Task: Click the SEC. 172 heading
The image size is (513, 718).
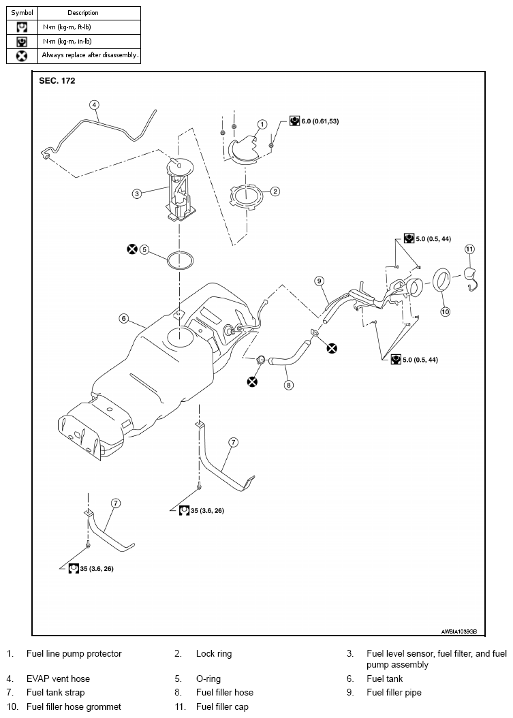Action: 57,80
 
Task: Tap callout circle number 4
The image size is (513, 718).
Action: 94,105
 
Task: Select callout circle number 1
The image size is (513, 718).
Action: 262,124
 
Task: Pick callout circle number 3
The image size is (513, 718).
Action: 136,193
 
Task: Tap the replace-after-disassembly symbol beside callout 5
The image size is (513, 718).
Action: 132,249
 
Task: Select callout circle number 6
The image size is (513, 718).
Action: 124,318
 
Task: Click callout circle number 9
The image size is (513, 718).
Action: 320,281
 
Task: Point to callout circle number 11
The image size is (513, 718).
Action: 469,249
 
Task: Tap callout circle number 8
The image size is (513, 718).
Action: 289,385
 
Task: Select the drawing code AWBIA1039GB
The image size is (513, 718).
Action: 459,631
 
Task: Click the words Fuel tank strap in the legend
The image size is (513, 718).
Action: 55,692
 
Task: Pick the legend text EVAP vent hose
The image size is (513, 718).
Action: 58,678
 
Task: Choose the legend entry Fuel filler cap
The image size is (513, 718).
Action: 222,706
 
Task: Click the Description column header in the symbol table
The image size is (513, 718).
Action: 83,13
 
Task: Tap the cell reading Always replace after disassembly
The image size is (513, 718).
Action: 90,55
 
